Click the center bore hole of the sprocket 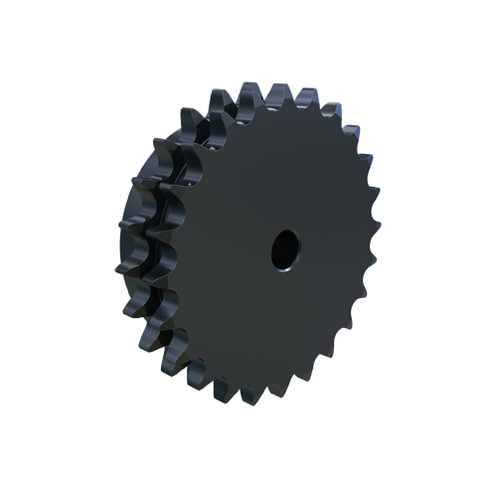[x=284, y=248]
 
